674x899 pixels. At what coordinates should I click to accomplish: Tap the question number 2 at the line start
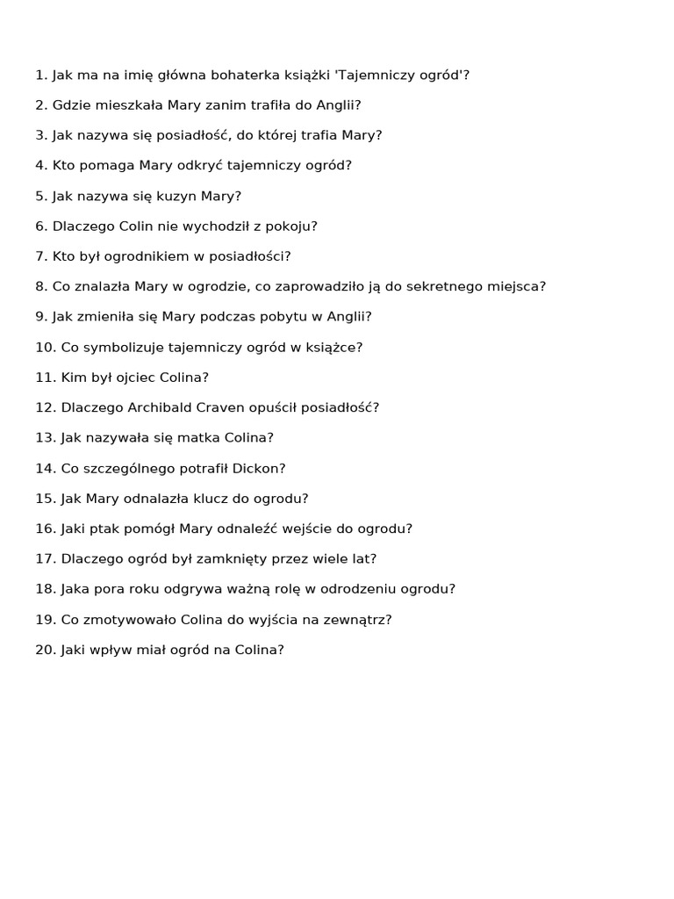40,105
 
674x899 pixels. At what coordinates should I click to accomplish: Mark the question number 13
45,438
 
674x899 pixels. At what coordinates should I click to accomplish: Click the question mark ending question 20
280,651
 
